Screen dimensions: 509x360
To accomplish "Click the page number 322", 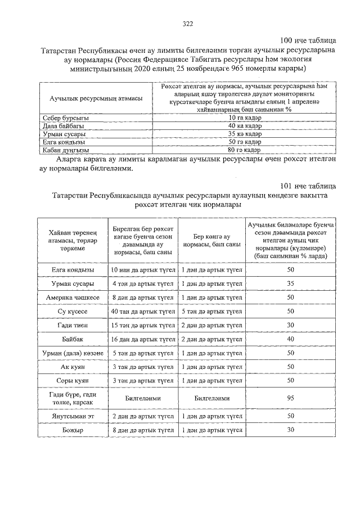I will tap(188, 24).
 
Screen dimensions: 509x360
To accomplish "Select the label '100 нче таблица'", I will tap(308, 41).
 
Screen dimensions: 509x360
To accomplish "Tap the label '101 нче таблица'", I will tap(308, 186).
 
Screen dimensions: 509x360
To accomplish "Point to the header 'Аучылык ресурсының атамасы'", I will tap(96, 98).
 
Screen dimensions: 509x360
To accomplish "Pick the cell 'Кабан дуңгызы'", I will tap(66, 150).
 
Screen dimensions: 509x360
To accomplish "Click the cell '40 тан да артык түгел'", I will tap(143, 311).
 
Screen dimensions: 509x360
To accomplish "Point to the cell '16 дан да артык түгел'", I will tap(143, 339).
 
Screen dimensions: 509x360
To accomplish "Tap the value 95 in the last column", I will tap(291, 397).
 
